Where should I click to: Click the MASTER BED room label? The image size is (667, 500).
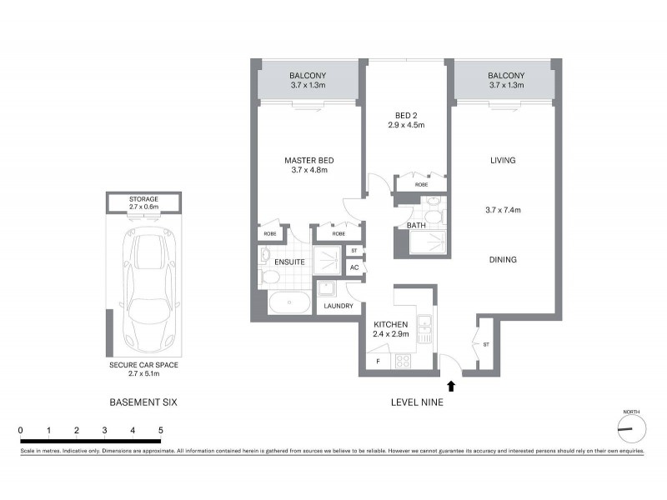coord(310,160)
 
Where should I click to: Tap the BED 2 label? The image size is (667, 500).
coord(406,115)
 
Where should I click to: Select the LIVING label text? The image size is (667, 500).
coord(503,160)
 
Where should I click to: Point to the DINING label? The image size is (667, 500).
coord(503,260)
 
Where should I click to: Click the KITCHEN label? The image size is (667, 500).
coord(389,324)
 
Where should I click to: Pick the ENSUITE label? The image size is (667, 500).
coord(288,262)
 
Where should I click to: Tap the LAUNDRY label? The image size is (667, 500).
coord(338,306)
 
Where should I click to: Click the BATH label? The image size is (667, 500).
coord(417,226)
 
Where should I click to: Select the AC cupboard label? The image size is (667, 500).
coord(354,267)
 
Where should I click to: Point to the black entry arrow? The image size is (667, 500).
coord(452,385)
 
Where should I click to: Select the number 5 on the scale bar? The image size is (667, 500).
coord(160,430)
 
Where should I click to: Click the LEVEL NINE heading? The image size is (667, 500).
coord(417,402)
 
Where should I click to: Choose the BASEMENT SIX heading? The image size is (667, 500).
coord(143,402)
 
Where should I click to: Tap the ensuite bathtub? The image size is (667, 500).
coord(289,302)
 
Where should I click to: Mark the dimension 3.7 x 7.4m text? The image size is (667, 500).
coord(503,210)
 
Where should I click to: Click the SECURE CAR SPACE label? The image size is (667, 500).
coord(143,365)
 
